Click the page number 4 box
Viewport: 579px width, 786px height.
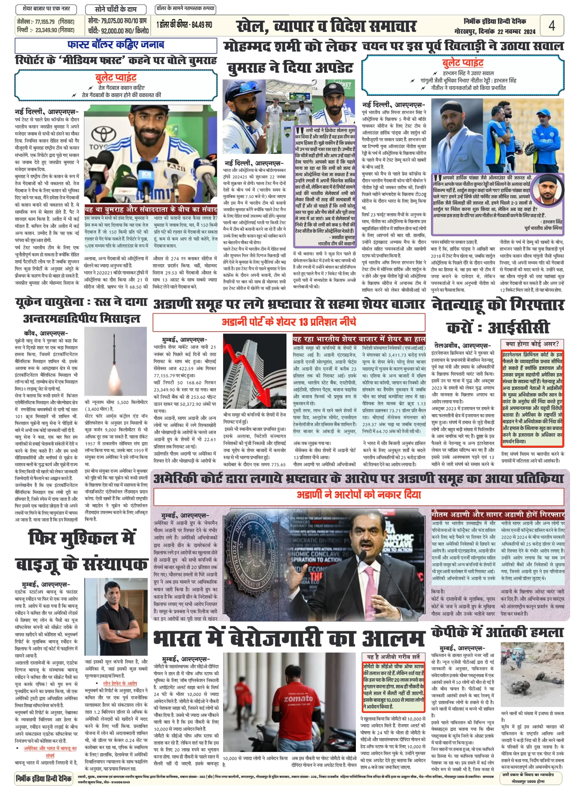(x=551, y=25)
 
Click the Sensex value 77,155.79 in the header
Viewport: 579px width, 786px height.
(x=45, y=22)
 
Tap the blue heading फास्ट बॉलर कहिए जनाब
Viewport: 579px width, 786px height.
(x=115, y=45)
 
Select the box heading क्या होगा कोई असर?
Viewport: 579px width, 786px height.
(x=532, y=344)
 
